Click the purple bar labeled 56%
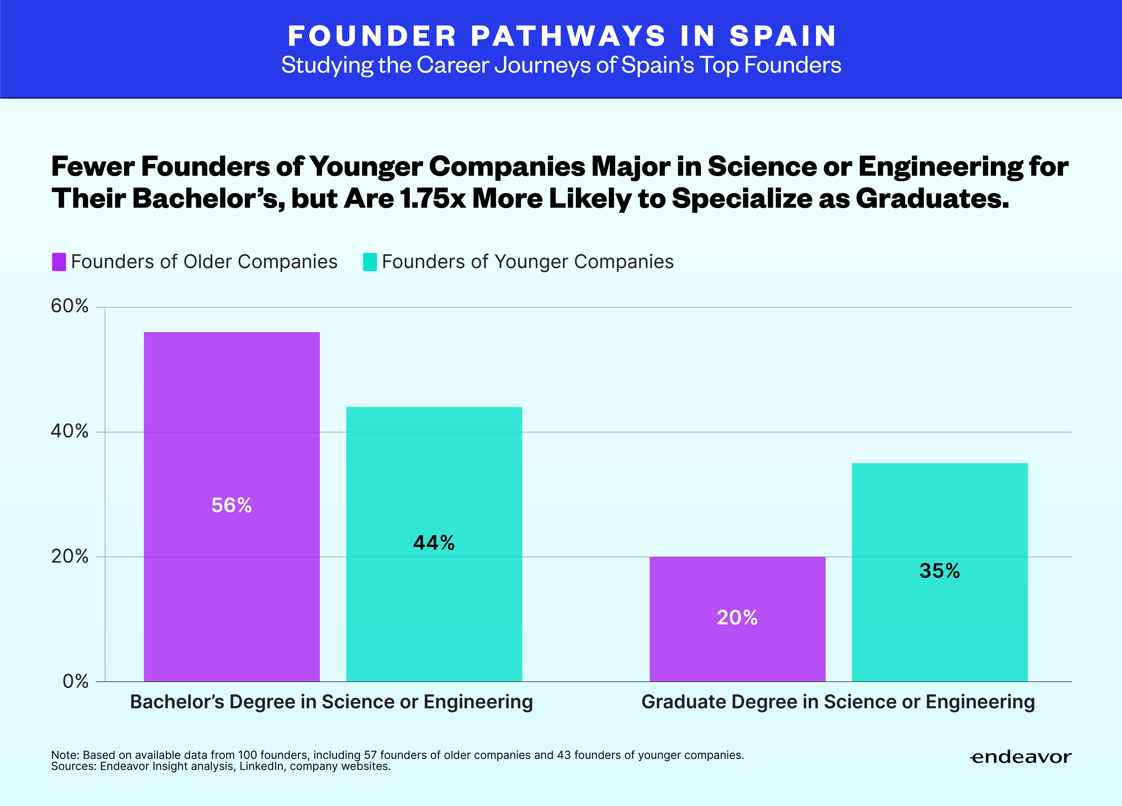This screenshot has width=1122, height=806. click(x=231, y=506)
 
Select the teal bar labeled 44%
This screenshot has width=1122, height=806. click(x=434, y=544)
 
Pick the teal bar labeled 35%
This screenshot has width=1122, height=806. click(x=939, y=572)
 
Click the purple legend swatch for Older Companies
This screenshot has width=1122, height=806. click(x=59, y=262)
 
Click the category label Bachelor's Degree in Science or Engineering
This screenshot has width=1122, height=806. click(x=331, y=702)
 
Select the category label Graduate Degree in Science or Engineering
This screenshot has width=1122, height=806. click(x=838, y=702)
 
